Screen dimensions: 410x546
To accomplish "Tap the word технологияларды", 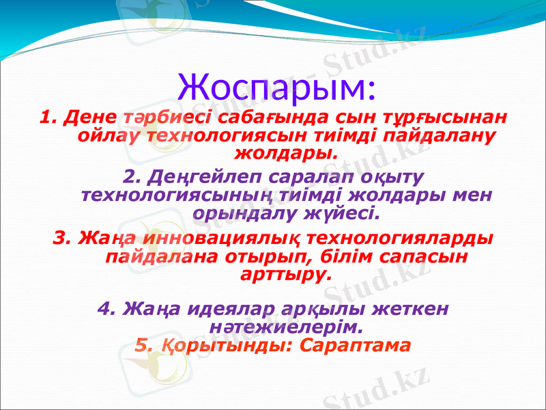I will pyautogui.click(x=401, y=238).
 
